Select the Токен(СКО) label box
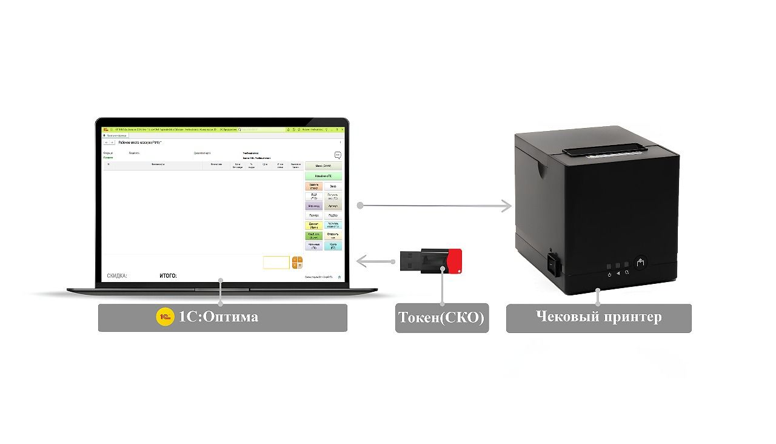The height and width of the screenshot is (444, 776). (442, 318)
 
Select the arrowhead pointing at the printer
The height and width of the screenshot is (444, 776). (506, 206)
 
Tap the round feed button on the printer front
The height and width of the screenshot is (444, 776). (641, 263)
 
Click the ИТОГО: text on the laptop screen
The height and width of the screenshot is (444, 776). (168, 276)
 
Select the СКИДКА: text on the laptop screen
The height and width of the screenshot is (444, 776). (117, 276)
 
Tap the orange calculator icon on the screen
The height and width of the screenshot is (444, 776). (297, 263)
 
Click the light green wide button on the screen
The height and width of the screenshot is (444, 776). (323, 176)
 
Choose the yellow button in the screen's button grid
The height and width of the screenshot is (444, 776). (313, 225)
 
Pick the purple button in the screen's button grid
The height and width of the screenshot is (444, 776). (313, 206)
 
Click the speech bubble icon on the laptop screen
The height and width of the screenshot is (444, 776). (338, 155)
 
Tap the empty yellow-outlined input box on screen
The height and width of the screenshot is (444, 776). (276, 263)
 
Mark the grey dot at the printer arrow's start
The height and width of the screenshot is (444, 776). (360, 206)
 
